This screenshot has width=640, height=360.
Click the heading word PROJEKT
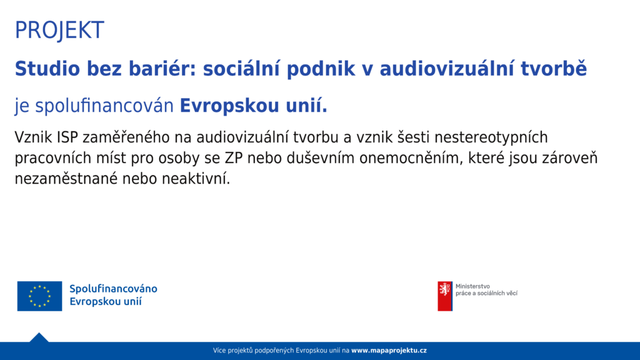click(x=59, y=30)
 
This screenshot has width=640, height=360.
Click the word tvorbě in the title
click(x=554, y=69)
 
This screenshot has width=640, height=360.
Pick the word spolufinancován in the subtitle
click(x=104, y=106)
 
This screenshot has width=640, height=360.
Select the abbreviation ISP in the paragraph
click(x=67, y=137)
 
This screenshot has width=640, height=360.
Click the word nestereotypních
click(x=491, y=137)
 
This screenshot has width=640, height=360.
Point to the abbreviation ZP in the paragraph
click(x=234, y=158)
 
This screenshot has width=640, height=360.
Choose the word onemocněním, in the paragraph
click(x=411, y=158)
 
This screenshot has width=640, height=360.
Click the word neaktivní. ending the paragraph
click(x=196, y=178)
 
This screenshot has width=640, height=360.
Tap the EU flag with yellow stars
click(x=39, y=296)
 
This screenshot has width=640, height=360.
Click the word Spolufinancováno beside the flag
click(x=113, y=289)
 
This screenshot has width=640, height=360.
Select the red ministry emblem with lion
click(x=445, y=296)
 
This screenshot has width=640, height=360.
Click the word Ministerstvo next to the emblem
click(x=472, y=286)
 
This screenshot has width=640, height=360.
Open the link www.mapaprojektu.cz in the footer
click(x=389, y=350)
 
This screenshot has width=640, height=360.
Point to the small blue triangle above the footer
click(x=39, y=338)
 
